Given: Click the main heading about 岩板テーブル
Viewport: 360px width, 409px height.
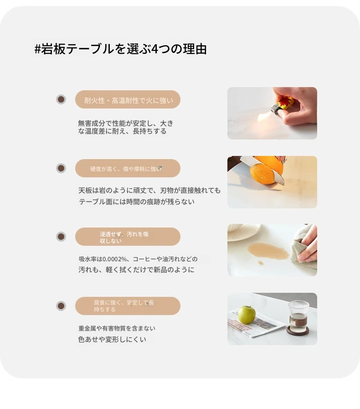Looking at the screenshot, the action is pyautogui.click(x=121, y=49).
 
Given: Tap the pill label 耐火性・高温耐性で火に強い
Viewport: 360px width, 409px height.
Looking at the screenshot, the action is pyautogui.click(x=128, y=100).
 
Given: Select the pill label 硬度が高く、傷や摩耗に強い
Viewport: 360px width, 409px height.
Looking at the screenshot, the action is pyautogui.click(x=128, y=168).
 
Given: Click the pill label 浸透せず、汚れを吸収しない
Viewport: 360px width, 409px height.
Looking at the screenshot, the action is pyautogui.click(x=128, y=237).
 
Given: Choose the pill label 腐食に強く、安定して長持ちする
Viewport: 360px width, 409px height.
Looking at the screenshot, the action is pyautogui.click(x=128, y=306).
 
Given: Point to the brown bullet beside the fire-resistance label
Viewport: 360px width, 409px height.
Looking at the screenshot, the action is pyautogui.click(x=61, y=99).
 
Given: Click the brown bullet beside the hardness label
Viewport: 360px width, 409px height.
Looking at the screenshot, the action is pyautogui.click(x=61, y=168).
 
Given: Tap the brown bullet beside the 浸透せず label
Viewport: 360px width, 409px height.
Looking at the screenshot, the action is pyautogui.click(x=61, y=237).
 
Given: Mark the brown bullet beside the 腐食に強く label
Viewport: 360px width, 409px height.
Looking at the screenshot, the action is pyautogui.click(x=61, y=305).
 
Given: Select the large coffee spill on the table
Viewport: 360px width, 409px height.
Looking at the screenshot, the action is pyautogui.click(x=267, y=251).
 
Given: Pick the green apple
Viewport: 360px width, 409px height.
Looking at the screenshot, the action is pyautogui.click(x=247, y=315).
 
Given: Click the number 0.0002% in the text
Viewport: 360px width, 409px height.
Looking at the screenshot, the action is pyautogui.click(x=114, y=259).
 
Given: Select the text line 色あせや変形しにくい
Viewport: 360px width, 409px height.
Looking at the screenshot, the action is pyautogui.click(x=112, y=339).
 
